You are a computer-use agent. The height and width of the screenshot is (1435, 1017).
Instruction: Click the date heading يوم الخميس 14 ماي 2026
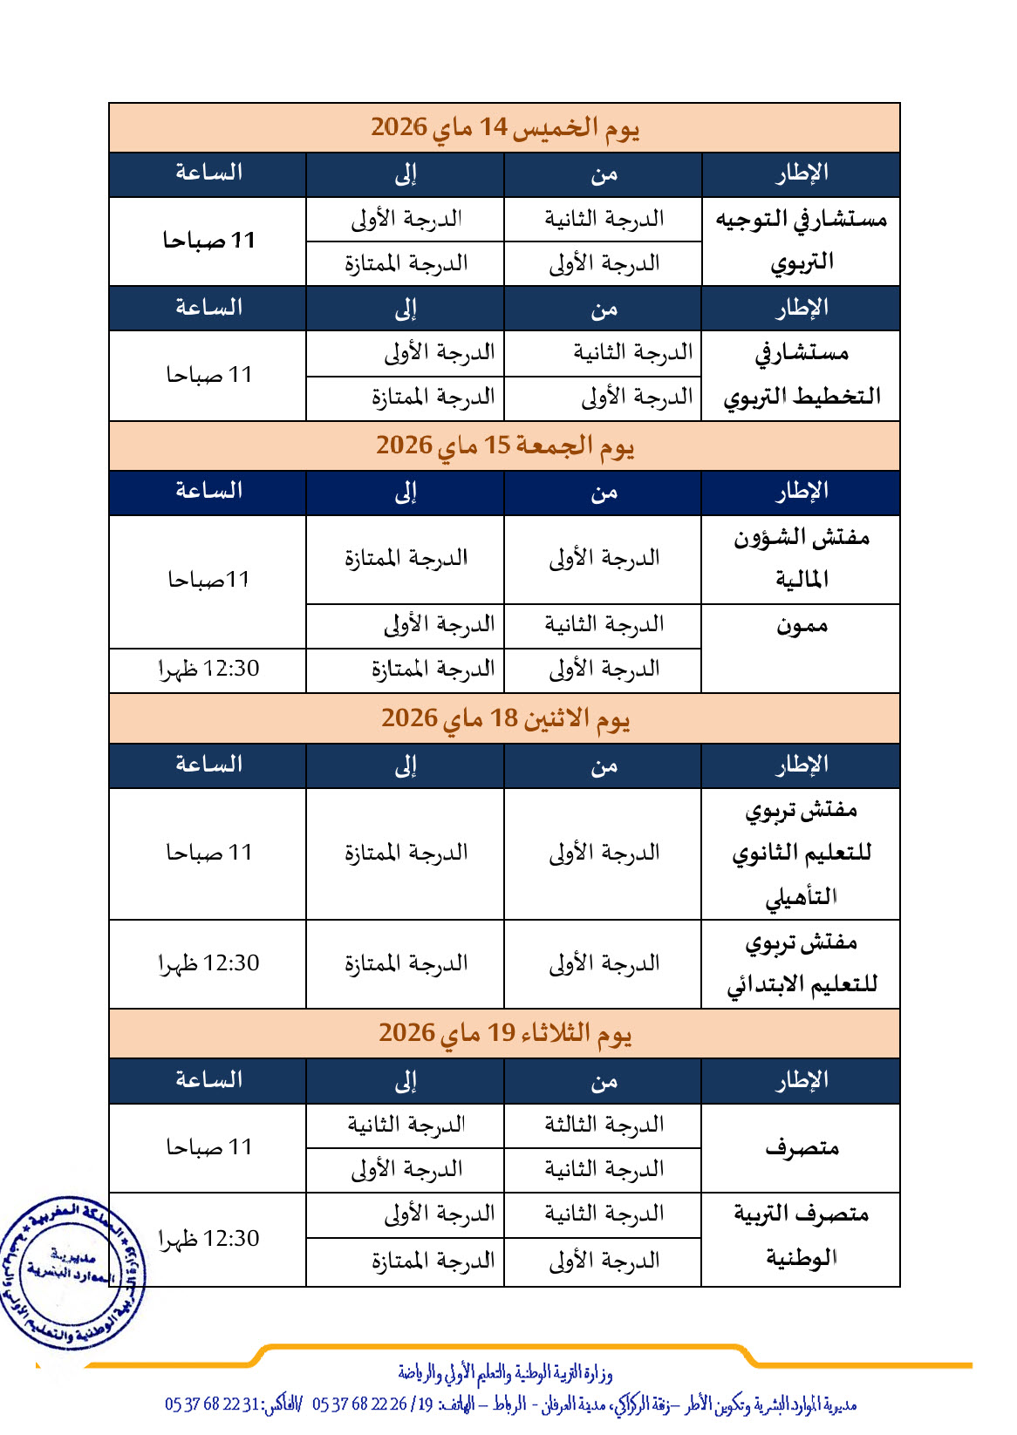(504, 128)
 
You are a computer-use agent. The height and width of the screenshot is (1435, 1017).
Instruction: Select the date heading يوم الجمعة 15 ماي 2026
(504, 446)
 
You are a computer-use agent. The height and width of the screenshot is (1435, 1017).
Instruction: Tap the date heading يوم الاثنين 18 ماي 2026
(504, 719)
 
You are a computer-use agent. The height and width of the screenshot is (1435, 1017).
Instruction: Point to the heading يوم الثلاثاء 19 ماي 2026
(504, 1034)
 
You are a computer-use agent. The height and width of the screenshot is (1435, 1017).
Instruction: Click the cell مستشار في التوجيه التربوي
(801, 241)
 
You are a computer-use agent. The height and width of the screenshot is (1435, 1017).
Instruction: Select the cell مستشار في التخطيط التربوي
(801, 375)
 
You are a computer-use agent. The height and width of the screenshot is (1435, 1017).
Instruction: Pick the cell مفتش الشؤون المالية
(801, 559)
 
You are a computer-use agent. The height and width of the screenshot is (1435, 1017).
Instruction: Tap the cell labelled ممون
(801, 626)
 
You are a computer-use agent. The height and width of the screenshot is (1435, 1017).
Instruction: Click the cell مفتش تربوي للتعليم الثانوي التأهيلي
(801, 854)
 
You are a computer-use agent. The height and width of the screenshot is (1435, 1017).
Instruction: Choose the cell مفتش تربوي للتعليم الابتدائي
(801, 964)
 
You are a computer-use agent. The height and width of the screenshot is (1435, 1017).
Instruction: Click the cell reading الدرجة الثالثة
(604, 1125)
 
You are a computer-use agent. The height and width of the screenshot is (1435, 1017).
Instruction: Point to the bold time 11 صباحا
(208, 241)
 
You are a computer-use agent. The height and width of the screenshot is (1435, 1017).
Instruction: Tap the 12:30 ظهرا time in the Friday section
(208, 670)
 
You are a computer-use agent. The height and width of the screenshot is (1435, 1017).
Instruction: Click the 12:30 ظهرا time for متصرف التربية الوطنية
(208, 1239)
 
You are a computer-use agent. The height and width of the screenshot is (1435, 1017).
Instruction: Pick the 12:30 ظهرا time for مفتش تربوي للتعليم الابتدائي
(208, 964)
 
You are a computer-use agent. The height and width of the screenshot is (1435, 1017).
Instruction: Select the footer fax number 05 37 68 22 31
(213, 1404)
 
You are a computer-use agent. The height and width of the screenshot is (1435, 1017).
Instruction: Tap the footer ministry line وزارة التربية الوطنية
(505, 1374)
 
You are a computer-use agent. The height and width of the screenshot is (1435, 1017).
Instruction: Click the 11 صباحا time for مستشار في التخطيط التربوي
(208, 375)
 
